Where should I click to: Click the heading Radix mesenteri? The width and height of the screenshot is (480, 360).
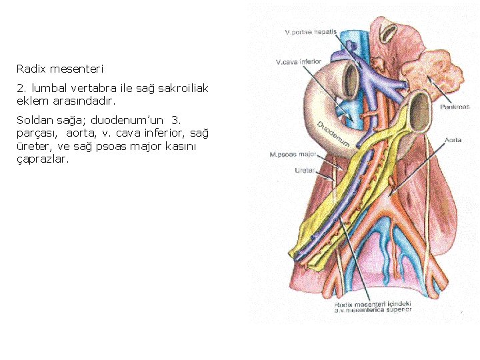pyautogui.click(x=60, y=69)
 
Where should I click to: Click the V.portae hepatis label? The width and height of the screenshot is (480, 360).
pyautogui.click(x=311, y=32)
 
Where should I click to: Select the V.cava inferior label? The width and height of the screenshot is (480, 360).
pyautogui.click(x=299, y=62)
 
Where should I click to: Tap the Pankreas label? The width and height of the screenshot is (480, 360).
pyautogui.click(x=455, y=107)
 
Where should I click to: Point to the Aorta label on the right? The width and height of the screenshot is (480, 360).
pyautogui.click(x=453, y=141)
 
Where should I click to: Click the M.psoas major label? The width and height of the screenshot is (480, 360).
pyautogui.click(x=293, y=155)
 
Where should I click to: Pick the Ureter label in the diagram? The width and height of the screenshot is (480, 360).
pyautogui.click(x=305, y=171)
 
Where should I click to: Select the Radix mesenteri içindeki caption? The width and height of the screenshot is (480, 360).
pyautogui.click(x=373, y=304)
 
